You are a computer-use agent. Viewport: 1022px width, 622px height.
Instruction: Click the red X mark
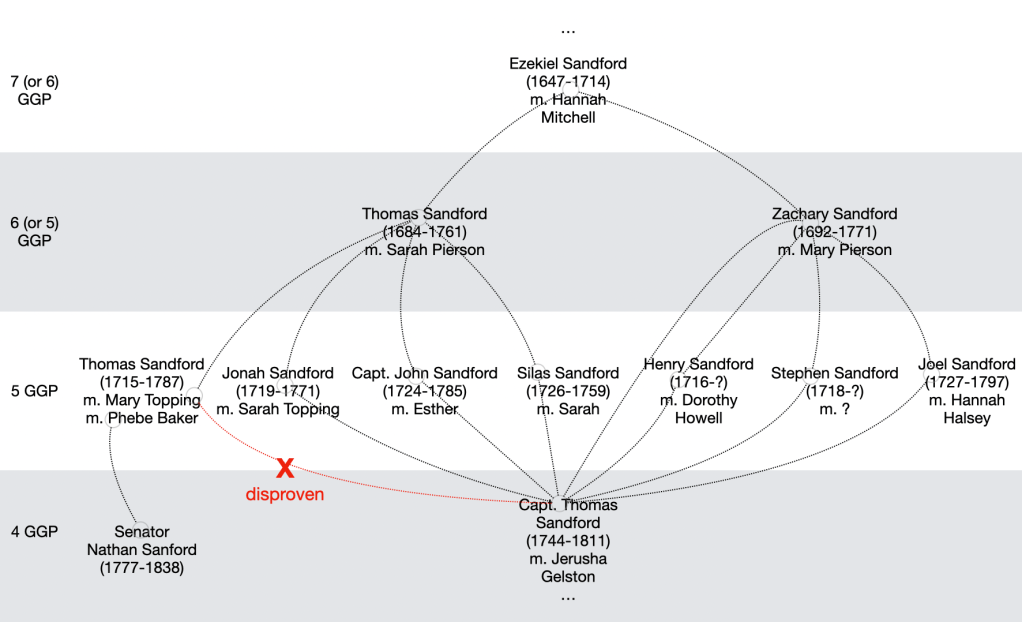285,468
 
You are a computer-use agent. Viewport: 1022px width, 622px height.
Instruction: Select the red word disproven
285,494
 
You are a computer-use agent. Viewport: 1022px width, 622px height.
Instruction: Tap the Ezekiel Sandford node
567,90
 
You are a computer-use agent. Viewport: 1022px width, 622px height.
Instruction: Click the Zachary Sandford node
834,231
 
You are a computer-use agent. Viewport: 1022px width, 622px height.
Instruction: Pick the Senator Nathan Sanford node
141,550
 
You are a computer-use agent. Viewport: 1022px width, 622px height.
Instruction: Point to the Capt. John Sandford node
424,391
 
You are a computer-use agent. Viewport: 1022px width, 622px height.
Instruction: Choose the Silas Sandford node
567,391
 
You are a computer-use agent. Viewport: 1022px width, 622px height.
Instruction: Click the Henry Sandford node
698,391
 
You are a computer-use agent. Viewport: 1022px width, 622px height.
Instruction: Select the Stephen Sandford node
834,391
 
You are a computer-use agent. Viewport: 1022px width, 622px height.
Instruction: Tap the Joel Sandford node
966,391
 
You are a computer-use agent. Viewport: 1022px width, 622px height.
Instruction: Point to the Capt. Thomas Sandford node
567,541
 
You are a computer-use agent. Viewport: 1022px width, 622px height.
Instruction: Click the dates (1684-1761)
424,232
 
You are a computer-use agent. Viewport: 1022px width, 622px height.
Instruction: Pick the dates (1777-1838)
141,568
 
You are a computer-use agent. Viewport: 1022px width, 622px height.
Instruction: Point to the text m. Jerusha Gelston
567,567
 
